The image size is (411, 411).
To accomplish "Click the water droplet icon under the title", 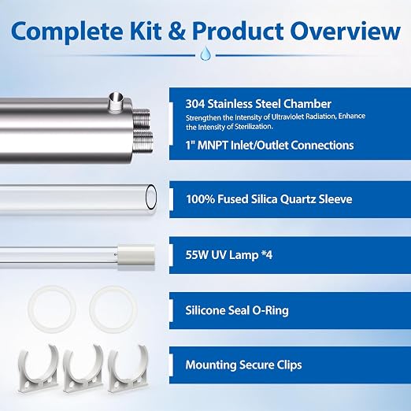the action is [205, 54].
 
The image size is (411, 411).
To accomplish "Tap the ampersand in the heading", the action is [177, 31].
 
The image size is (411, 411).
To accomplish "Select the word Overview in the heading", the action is [345, 31].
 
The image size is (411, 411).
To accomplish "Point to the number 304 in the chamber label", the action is [195, 104].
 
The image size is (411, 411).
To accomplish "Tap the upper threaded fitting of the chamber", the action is [142, 117].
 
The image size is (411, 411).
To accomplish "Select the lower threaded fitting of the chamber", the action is [143, 143].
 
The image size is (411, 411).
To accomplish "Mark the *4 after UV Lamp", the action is [267, 255].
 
